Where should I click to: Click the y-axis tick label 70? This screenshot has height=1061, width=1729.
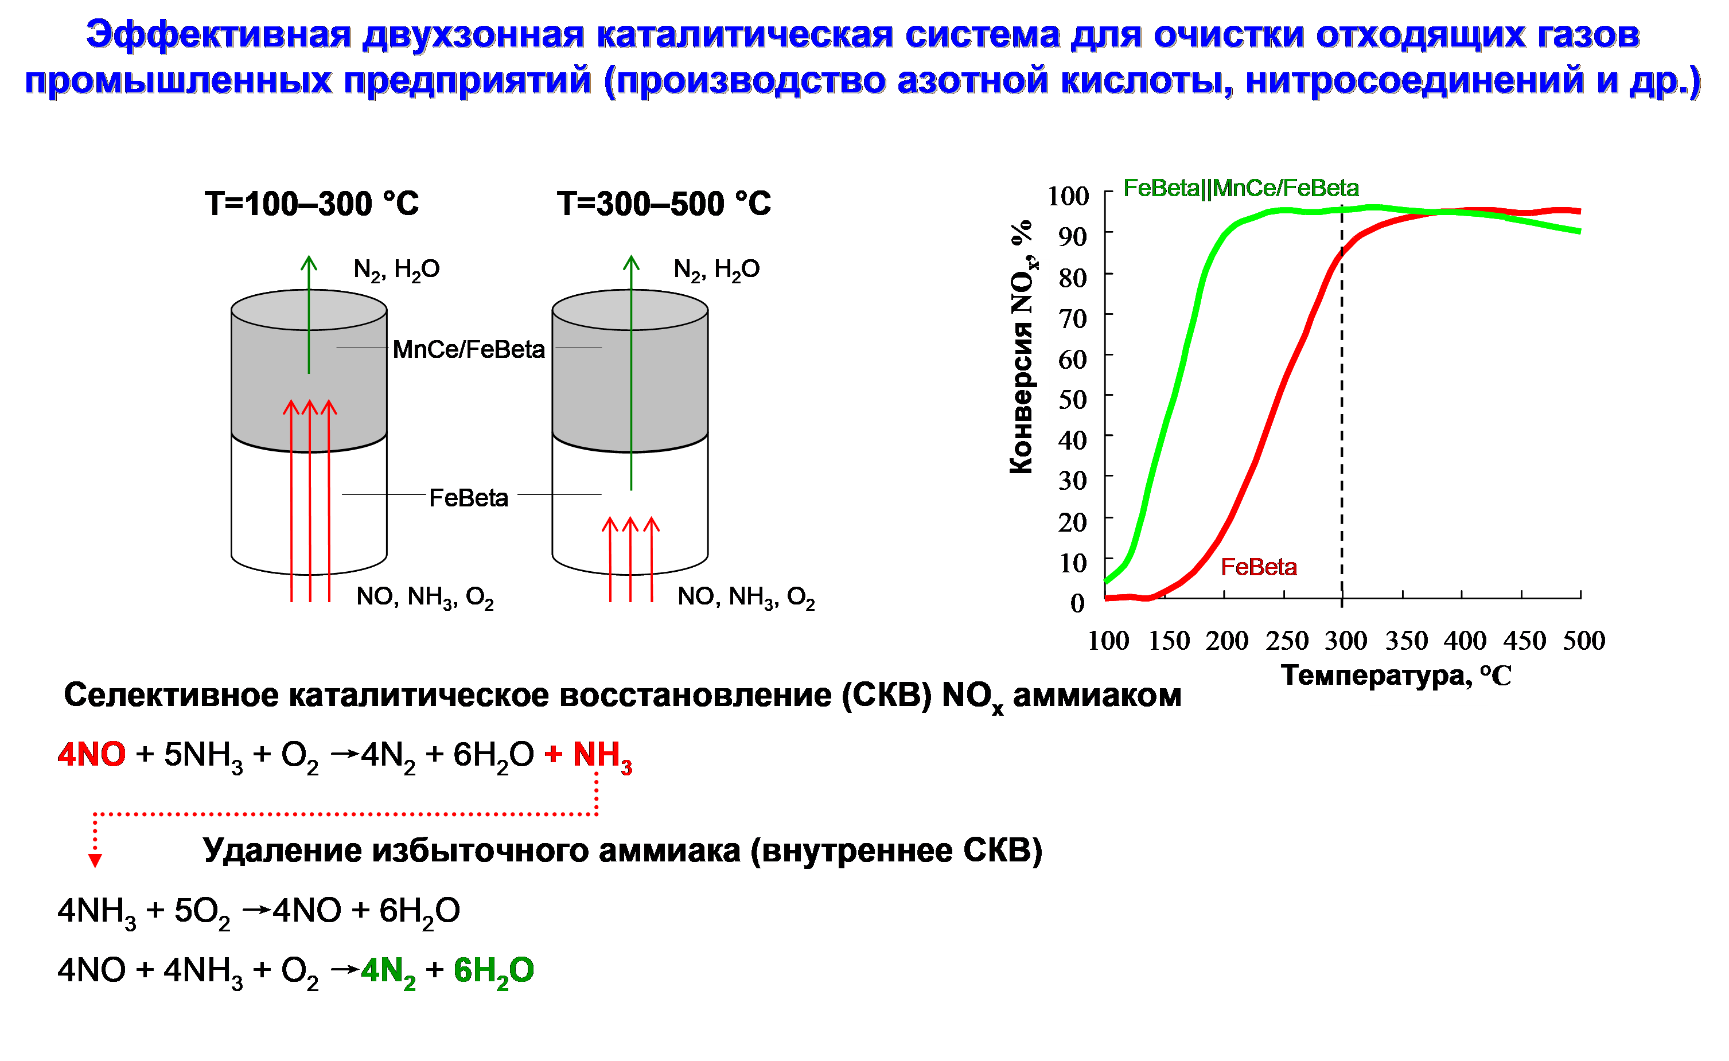(x=1073, y=318)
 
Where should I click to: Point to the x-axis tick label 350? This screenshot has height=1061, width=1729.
(x=1406, y=641)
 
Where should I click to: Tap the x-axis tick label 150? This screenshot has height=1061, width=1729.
(x=1169, y=641)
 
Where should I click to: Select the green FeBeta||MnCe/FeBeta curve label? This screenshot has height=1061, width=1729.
(x=1241, y=188)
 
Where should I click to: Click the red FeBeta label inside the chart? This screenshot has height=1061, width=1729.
(x=1259, y=567)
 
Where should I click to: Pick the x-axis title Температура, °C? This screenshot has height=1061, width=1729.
(x=1396, y=675)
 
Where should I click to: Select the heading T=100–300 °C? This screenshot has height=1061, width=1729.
(x=311, y=204)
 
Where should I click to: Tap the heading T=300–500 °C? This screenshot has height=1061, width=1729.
(x=664, y=204)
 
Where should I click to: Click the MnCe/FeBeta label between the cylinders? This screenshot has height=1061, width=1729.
(x=469, y=349)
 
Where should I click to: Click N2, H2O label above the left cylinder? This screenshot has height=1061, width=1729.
(x=396, y=270)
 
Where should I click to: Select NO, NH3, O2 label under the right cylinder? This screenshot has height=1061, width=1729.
(x=746, y=598)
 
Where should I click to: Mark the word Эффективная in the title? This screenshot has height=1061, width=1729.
(x=218, y=34)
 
